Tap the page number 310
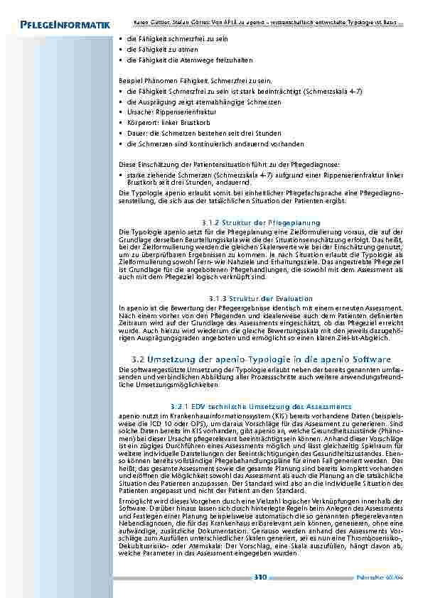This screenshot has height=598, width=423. [259, 577]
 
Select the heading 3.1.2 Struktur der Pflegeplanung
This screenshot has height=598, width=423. [262, 222]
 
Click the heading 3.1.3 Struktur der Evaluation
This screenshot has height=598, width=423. [262, 298]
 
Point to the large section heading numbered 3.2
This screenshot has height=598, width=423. [262, 359]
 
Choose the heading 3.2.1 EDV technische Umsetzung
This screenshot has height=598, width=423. [262, 406]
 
